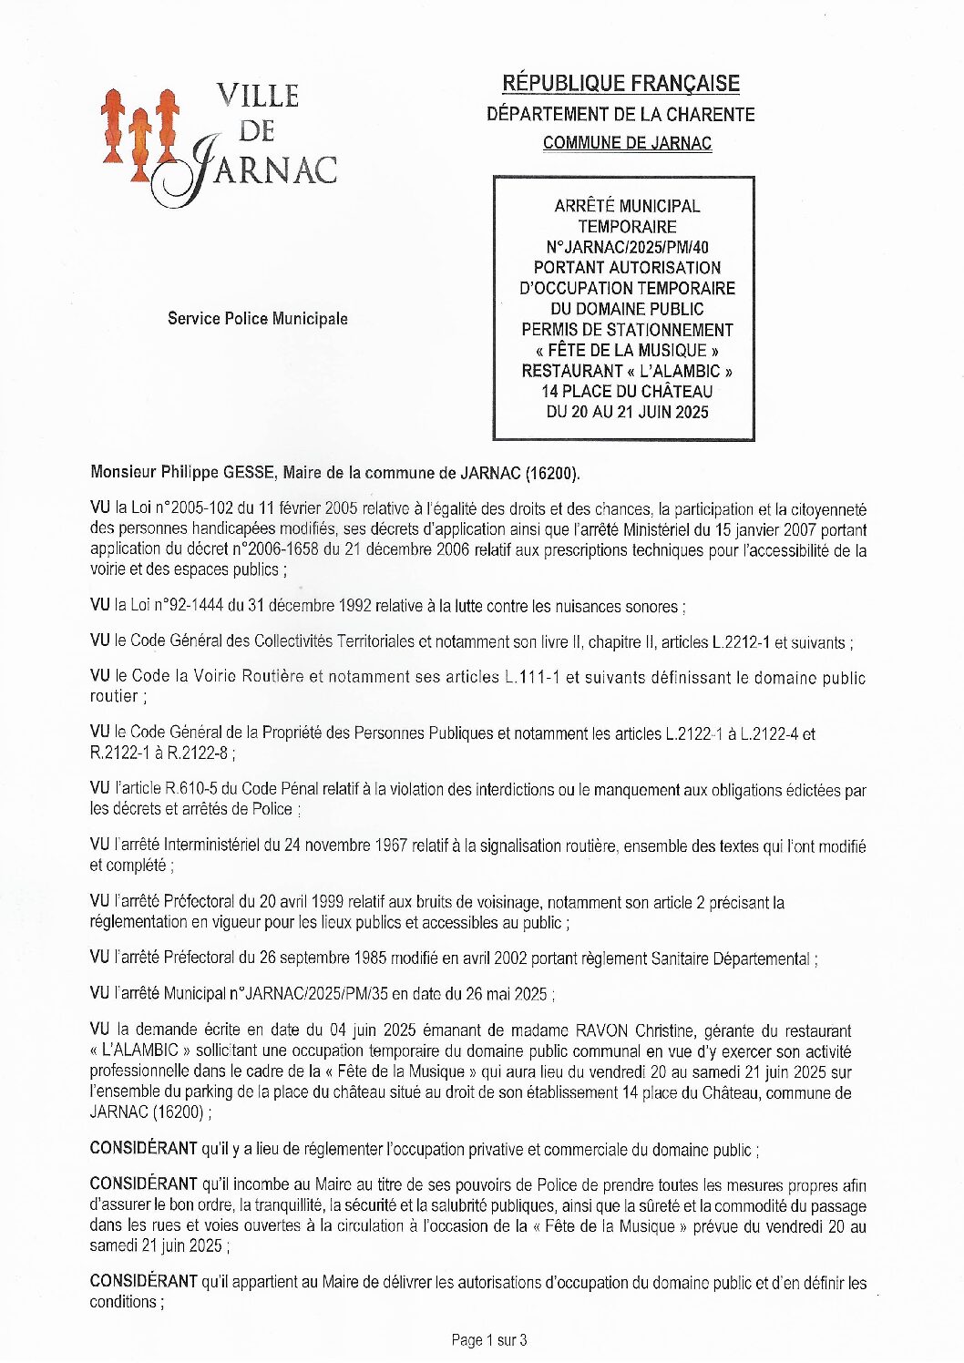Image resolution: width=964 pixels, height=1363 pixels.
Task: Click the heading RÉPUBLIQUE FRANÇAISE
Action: coord(620,84)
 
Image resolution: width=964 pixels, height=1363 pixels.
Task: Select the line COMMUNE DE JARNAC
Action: coord(627,143)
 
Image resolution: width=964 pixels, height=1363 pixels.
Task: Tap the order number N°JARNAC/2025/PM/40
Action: coord(627,247)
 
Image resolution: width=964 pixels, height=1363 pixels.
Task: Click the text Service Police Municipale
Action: coord(257,319)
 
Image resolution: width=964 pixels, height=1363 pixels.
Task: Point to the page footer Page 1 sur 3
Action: coord(489,1340)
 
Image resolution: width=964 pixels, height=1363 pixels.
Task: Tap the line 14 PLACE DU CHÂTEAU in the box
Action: coord(627,392)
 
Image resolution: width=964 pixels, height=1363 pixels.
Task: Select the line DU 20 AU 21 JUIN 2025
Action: coord(627,412)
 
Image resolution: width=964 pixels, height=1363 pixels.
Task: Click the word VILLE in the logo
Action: coord(258,96)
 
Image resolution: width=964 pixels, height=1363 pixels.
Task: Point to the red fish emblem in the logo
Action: coord(139,134)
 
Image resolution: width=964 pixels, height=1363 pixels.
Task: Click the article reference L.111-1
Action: coord(533,678)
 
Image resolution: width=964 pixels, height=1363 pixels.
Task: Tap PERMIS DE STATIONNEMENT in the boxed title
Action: coord(627,330)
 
